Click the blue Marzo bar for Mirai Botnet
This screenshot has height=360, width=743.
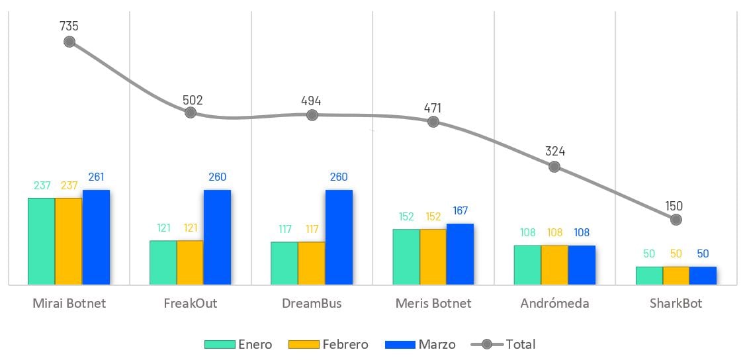pyautogui.click(x=96, y=237)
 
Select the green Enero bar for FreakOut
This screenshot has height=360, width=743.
pyautogui.click(x=163, y=262)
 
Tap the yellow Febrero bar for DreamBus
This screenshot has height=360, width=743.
pyautogui.click(x=311, y=263)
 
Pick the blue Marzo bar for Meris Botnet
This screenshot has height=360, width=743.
pyautogui.click(x=460, y=254)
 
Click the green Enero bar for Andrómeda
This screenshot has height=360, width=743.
pyautogui.click(x=527, y=265)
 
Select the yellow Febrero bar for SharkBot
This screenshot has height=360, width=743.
pyautogui.click(x=676, y=275)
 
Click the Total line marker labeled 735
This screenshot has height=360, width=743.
pyautogui.click(x=69, y=42)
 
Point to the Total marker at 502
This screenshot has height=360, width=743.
pyautogui.click(x=191, y=112)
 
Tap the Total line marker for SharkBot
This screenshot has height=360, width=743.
pyautogui.click(x=675, y=219)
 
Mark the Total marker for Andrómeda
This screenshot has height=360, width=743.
pyautogui.click(x=554, y=167)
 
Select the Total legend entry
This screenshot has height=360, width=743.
pyautogui.click(x=503, y=344)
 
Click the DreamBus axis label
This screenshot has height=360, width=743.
pyautogui.click(x=312, y=304)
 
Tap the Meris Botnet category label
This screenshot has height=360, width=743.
pyautogui.click(x=433, y=304)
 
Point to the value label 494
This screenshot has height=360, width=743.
pyautogui.click(x=311, y=101)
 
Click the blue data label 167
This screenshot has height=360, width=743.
pyautogui.click(x=460, y=211)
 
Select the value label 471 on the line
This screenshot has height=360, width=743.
pyautogui.click(x=433, y=108)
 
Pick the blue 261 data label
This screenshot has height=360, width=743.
pyautogui.click(x=96, y=177)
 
